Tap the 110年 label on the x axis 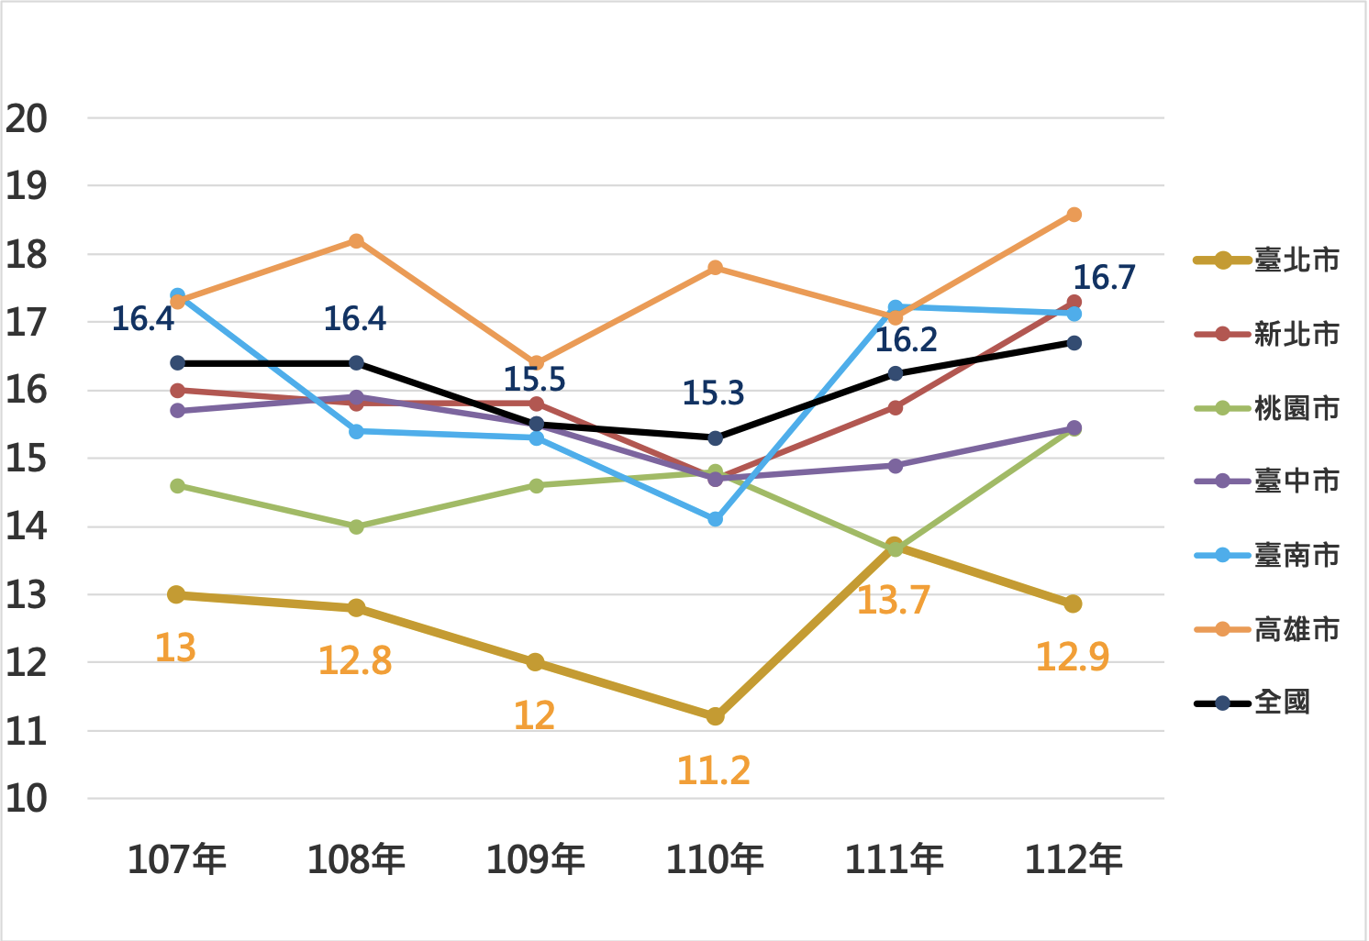click(715, 860)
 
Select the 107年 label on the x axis click(176, 860)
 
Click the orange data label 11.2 click(713, 770)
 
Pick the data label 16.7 click(1104, 277)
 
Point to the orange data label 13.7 click(893, 601)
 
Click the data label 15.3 click(713, 393)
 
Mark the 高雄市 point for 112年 click(1074, 215)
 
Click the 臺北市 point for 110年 click(715, 716)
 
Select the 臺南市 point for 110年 click(715, 519)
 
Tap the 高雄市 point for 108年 click(356, 241)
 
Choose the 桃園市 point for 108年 click(356, 526)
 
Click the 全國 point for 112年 click(1074, 343)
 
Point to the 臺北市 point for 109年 click(536, 662)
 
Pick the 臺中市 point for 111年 click(895, 466)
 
